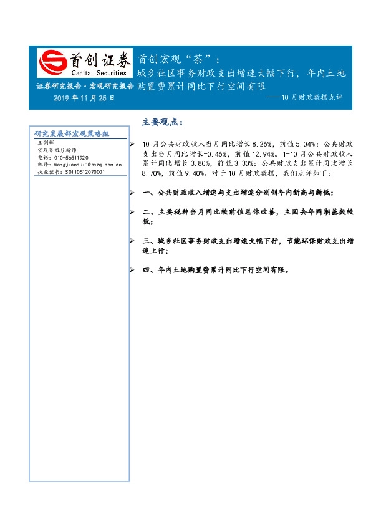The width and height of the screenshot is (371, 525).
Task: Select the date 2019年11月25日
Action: (84, 99)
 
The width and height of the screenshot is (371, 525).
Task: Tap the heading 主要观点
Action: (163, 122)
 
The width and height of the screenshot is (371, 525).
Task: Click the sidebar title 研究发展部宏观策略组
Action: (72, 134)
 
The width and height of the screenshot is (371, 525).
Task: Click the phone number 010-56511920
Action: (68, 158)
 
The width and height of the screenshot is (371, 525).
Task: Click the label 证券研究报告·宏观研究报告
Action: (85, 86)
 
